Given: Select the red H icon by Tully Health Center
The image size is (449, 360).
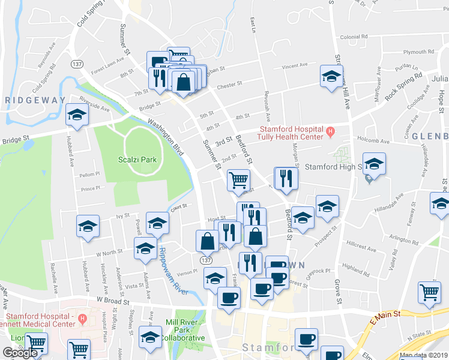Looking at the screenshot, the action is click(330, 130).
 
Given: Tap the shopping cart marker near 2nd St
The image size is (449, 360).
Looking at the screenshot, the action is click(239, 179).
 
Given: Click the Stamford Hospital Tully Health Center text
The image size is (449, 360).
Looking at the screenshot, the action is click(291, 133).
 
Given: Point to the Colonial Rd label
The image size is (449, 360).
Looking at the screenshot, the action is click(353, 37).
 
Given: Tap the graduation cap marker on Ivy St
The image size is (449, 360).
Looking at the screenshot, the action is click(88, 226).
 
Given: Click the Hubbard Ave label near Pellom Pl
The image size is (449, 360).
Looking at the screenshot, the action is click(71, 155).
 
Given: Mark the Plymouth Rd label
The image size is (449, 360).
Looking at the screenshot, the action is click(418, 52).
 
